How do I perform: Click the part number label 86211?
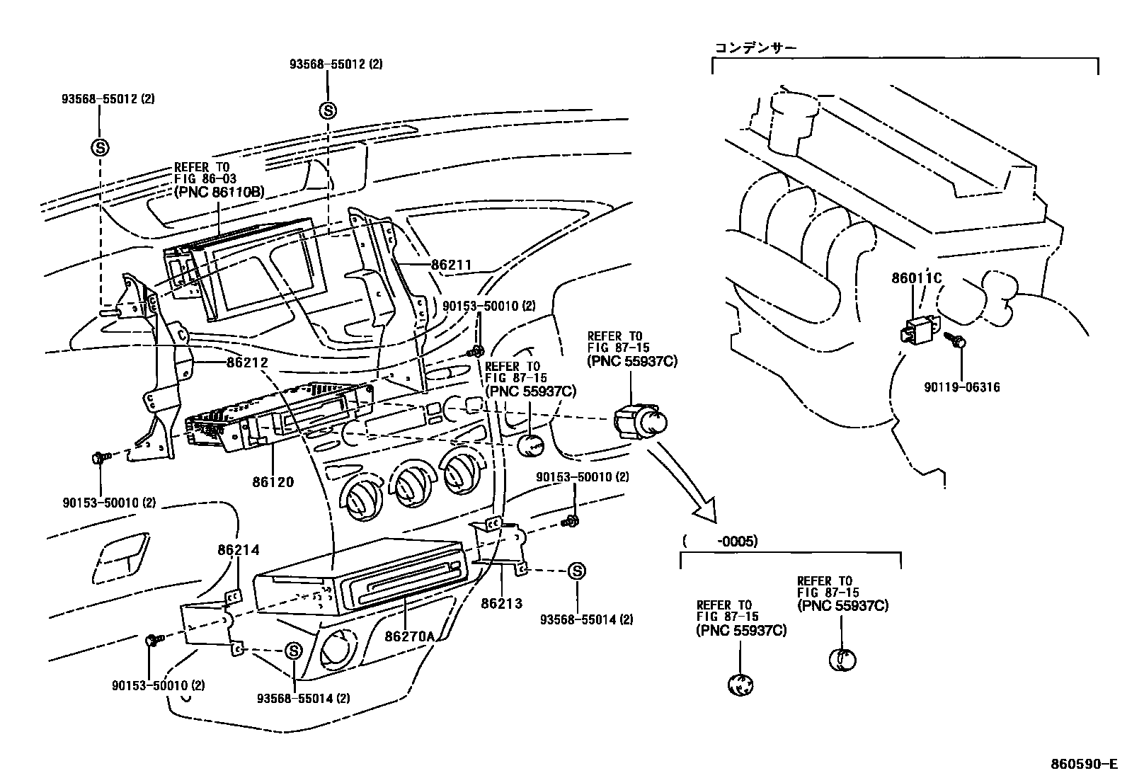pyautogui.click(x=451, y=265)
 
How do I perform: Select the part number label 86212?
pyautogui.click(x=247, y=362)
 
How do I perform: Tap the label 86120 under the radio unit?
pyautogui.click(x=273, y=482)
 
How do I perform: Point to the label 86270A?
pyautogui.click(x=409, y=636)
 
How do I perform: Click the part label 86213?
pyautogui.click(x=501, y=603)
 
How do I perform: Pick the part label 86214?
pyautogui.click(x=238, y=549)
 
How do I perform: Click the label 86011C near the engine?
pyautogui.click(x=916, y=278)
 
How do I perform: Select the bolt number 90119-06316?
pyautogui.click(x=962, y=387)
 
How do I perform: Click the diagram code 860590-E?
pyautogui.click(x=1082, y=765)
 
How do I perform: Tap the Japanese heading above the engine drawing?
pyautogui.click(x=755, y=48)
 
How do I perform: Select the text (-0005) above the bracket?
pyautogui.click(x=720, y=542)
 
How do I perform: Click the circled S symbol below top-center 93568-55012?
pyautogui.click(x=328, y=110)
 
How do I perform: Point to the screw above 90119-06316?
pyautogui.click(x=959, y=342)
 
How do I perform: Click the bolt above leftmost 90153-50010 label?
pyautogui.click(x=99, y=458)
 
